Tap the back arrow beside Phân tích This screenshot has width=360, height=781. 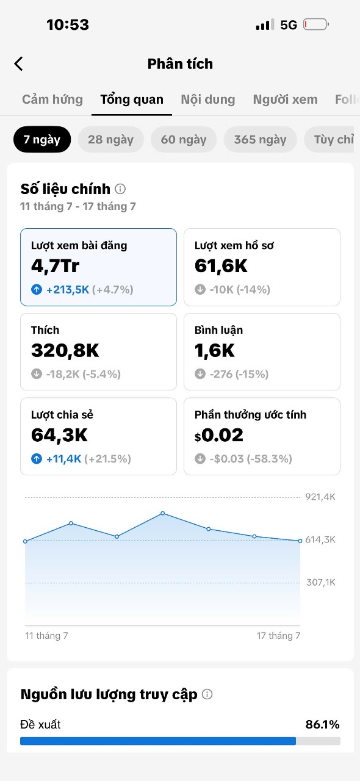click(18, 64)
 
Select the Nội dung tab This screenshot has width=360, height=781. click(208, 99)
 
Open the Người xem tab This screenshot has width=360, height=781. click(286, 99)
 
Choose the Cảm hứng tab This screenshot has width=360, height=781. click(52, 99)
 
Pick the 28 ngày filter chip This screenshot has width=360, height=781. click(110, 140)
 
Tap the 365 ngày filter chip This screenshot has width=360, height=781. click(260, 140)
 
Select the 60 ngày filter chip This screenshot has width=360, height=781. click(184, 140)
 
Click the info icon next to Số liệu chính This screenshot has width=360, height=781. click(120, 189)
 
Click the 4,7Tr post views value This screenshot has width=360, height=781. click(55, 266)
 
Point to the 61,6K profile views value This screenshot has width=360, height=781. click(221, 266)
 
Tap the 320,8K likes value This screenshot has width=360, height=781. click(65, 350)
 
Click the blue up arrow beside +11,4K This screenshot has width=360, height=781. click(37, 459)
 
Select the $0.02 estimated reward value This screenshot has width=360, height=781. click(218, 435)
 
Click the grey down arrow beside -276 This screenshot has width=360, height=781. click(200, 374)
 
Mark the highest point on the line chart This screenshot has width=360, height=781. click(162, 513)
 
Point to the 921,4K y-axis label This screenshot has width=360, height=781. click(320, 497)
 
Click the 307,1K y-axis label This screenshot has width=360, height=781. click(320, 582)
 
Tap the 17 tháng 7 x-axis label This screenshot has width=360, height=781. click(278, 636)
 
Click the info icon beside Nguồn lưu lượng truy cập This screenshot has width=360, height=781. click(207, 694)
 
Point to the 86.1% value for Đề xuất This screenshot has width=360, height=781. click(322, 724)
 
